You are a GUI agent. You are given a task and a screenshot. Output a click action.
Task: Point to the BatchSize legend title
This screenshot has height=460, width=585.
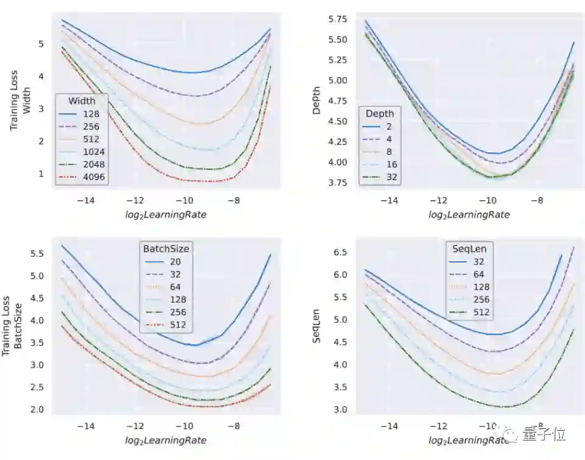point(166,248)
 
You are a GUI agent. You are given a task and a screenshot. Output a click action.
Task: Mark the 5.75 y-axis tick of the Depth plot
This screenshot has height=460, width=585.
point(338,20)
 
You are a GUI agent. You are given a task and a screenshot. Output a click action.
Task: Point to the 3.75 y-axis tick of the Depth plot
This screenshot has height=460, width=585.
point(338,183)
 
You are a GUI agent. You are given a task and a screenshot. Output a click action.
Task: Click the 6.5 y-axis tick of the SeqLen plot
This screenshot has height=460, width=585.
point(340,252)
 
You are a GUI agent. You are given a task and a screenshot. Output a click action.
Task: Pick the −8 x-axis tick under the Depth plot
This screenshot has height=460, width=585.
point(536,200)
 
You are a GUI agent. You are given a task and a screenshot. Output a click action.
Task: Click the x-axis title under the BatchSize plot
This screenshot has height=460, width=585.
point(166,440)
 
